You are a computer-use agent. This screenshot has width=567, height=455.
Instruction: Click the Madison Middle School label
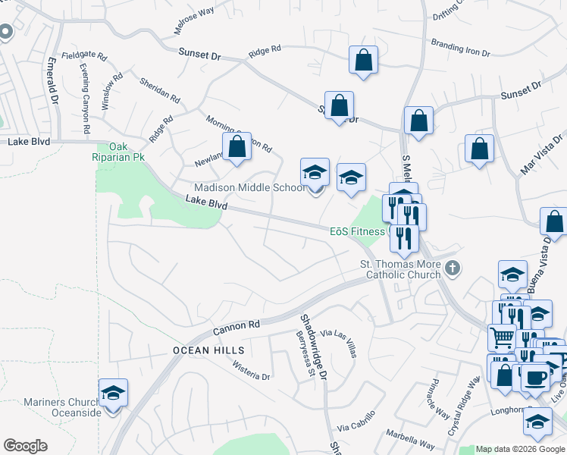[x=249, y=187]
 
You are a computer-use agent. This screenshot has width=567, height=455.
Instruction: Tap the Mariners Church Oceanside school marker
[x=114, y=393]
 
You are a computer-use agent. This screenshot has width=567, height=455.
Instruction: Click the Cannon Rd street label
[x=236, y=326]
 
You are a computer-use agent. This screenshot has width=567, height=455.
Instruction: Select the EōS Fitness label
[x=357, y=231]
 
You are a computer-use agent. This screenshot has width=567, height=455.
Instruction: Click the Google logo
[x=25, y=446]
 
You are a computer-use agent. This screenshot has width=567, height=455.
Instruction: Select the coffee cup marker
[x=535, y=376]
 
